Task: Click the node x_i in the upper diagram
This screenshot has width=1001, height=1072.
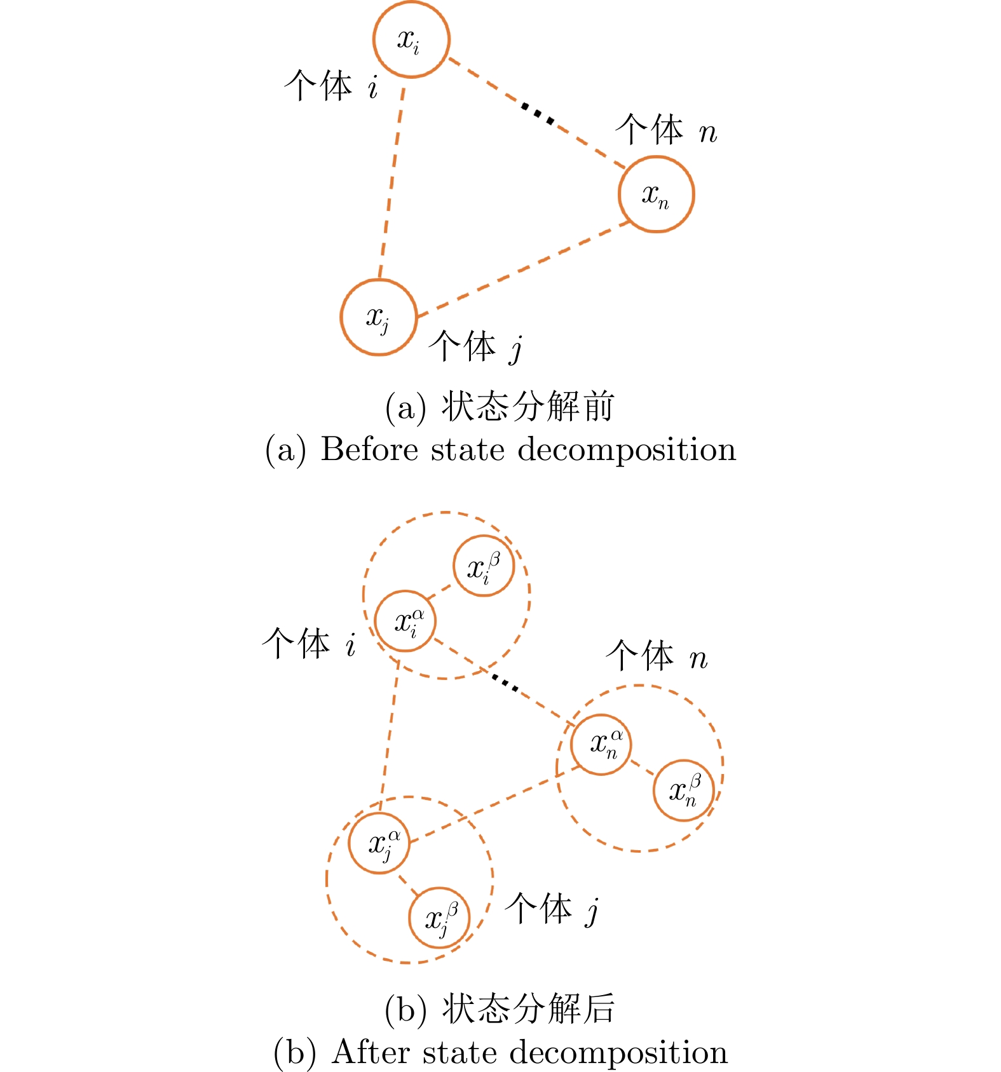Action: [x=411, y=39]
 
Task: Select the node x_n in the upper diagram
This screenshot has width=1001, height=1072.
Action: [x=656, y=194]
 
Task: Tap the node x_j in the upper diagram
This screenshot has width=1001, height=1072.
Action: [x=379, y=317]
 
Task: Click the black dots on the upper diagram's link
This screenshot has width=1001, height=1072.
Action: [x=537, y=114]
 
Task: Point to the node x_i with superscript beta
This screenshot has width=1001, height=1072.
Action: [x=484, y=566]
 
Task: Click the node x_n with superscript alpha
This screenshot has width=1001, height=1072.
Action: [x=601, y=743]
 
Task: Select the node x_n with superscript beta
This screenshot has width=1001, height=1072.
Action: [x=684, y=790]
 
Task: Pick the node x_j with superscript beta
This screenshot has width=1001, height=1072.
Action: [x=439, y=918]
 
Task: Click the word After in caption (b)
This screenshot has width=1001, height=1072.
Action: [x=372, y=1052]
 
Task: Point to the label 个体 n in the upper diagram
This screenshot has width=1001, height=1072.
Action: [x=666, y=130]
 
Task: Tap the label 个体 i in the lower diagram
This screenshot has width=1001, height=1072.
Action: [x=309, y=643]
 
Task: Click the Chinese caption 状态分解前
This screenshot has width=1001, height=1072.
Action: [x=528, y=407]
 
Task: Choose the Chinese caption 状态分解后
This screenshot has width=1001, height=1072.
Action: [x=528, y=1009]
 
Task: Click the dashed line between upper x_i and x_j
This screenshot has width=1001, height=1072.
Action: [x=392, y=181]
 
